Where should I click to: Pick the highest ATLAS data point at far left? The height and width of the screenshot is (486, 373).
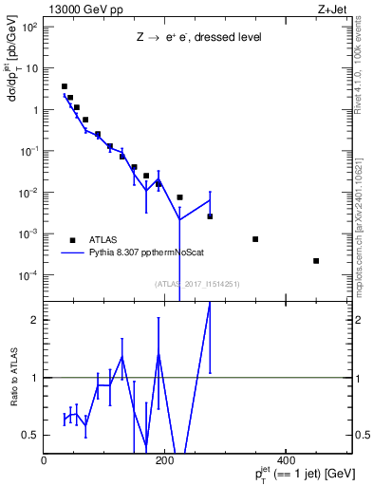64,86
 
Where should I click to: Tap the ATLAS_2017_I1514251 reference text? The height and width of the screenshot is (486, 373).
197,284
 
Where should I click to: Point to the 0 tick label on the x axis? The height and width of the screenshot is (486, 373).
45,460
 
